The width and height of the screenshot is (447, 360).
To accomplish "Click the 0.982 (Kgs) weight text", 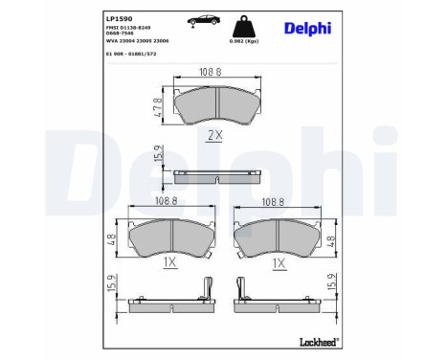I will tap(244, 40).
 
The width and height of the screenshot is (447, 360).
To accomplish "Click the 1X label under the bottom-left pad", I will tap(168, 261).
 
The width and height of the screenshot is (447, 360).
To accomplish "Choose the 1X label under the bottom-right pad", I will tap(279, 261).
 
